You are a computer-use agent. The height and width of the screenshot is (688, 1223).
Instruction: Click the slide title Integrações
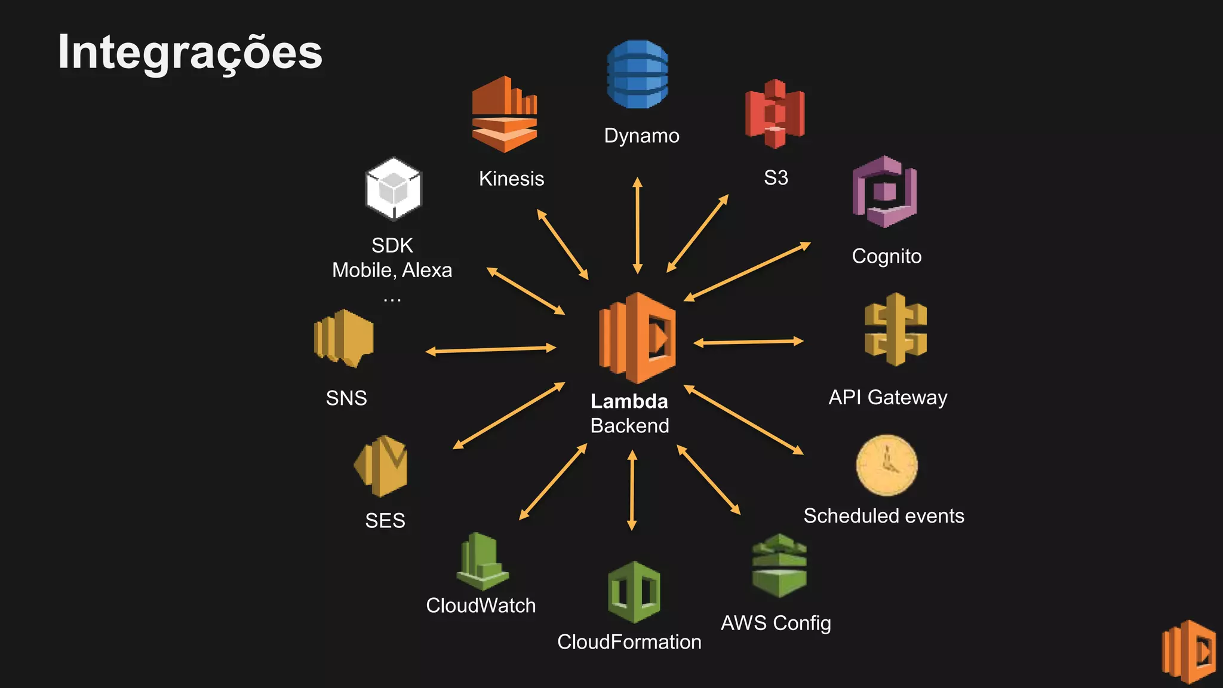190,53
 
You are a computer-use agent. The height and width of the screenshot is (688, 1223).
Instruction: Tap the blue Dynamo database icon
637,74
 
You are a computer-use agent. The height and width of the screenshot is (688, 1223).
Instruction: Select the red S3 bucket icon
775,114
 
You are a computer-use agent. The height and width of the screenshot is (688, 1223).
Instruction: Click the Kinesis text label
511,179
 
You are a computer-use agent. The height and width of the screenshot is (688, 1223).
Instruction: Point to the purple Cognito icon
884,192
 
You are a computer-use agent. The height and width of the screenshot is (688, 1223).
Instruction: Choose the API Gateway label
887,397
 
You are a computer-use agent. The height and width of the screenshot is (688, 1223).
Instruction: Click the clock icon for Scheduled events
886,465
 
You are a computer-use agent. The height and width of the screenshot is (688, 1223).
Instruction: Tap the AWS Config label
775,623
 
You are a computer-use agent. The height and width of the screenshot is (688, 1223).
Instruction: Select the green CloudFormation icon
634,592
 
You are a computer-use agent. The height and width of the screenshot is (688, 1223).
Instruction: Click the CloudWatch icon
482,561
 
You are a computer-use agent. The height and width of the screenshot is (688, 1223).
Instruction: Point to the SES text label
385,520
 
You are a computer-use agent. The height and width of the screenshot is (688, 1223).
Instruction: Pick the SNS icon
343,337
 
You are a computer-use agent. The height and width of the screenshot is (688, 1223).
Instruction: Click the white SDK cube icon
394,189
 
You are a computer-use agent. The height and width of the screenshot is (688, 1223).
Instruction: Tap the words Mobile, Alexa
392,270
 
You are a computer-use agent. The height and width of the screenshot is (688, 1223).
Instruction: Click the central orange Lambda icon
637,337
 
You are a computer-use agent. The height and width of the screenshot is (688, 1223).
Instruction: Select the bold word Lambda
629,401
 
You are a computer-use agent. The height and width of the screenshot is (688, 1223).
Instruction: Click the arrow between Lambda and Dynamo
637,225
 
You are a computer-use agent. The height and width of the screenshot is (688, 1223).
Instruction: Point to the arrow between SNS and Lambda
490,349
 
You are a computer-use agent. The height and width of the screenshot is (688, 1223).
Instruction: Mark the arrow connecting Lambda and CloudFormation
632,490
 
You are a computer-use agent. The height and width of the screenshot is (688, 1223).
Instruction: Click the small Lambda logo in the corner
1188,652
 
